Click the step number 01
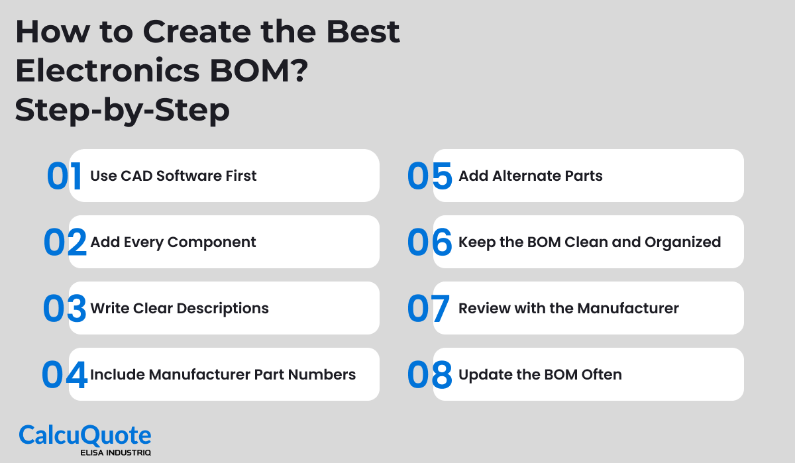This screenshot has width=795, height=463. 64,177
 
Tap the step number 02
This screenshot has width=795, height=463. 65,243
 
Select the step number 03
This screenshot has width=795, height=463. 65,309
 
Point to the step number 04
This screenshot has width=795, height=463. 64,376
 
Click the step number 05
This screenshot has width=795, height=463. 429,177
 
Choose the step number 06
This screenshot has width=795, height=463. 429,243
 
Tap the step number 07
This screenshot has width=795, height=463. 429,309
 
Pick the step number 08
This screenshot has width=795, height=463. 429,376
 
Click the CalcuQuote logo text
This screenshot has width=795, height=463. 85,435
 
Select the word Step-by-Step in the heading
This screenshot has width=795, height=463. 123,111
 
